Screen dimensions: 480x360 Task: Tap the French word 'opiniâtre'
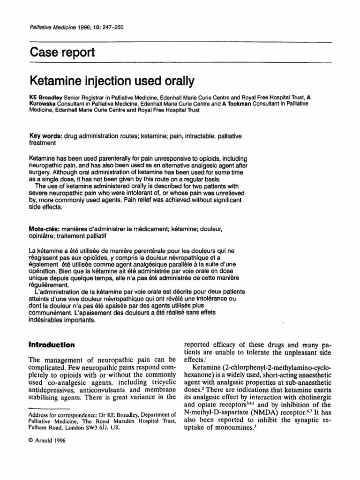(x=45, y=237)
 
